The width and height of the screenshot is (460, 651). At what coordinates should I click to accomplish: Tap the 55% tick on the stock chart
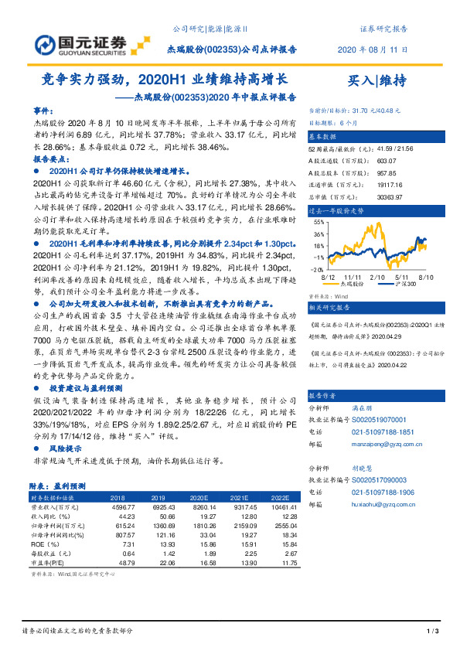(319, 222)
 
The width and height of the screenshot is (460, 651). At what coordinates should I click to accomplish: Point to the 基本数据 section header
(325, 134)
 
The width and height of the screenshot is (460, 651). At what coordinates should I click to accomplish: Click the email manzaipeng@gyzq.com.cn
(387, 446)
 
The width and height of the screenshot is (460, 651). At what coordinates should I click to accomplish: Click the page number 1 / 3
(433, 632)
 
